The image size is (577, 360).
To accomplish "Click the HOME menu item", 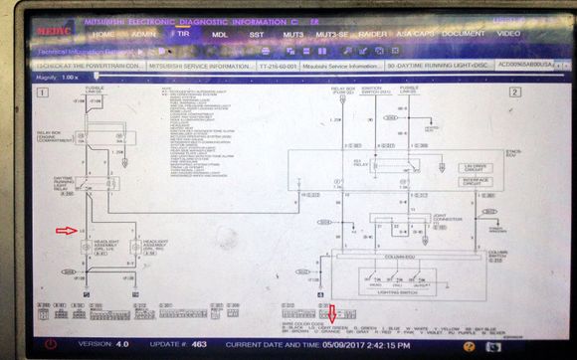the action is pos(103,33).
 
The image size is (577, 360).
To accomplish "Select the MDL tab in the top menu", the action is pos(220,33).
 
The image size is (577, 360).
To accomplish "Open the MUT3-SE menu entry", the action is pos(333,34).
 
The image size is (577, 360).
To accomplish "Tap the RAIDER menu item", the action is pos(374,34).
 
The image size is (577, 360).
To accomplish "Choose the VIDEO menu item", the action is pos(508,33).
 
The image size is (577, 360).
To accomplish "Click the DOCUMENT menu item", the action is pos(464,33).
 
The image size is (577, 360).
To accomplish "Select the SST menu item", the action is pos(257,33).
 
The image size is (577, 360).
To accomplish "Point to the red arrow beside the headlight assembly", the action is pos(66,231).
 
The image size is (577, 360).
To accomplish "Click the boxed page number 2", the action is pos(514,91).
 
